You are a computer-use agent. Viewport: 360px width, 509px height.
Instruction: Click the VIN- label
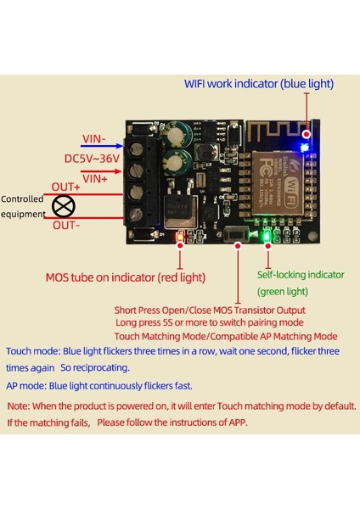[x=93, y=139]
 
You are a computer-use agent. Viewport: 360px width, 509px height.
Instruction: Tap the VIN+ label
[x=93, y=178]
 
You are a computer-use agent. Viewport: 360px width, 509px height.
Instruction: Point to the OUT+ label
[x=65, y=187]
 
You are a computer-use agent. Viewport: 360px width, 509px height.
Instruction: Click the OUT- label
[x=65, y=225]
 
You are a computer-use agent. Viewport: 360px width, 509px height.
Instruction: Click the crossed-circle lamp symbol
[x=62, y=206]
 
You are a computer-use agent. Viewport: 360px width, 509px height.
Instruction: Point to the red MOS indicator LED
[x=180, y=237]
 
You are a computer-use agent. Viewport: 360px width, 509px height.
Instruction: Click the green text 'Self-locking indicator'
[x=301, y=275]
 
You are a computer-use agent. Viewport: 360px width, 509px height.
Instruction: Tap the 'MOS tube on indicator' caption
[x=125, y=277]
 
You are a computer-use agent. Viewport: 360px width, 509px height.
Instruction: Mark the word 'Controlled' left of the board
[x=22, y=199]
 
